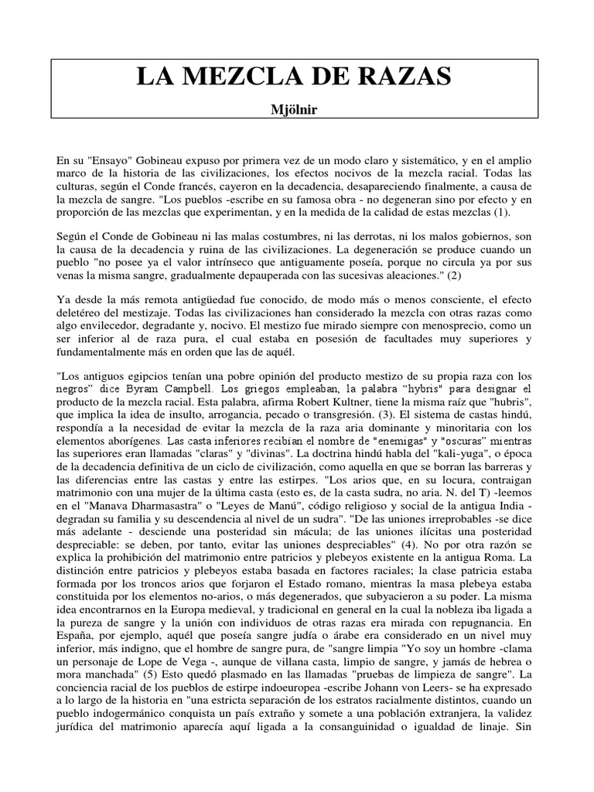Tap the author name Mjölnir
point(297,109)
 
